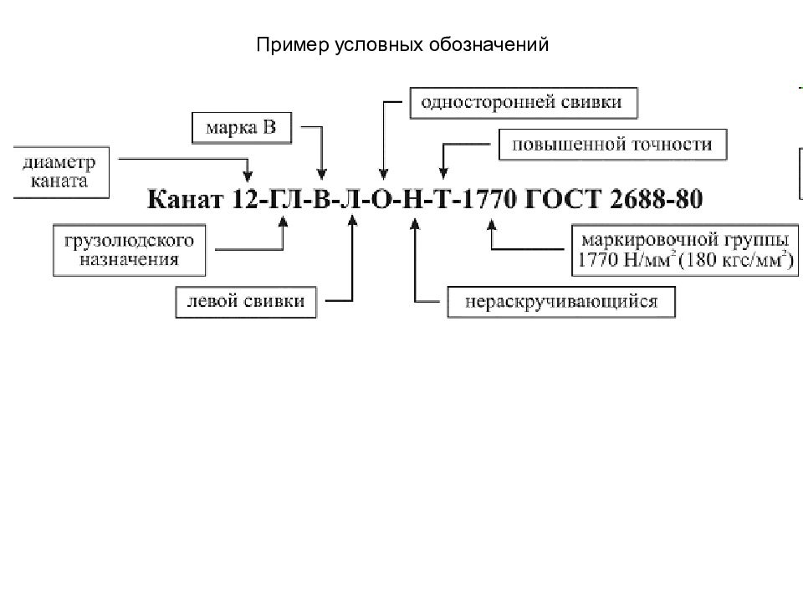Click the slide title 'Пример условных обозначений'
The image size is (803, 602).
402,45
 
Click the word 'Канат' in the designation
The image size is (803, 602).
186,200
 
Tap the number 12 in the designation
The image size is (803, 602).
246,200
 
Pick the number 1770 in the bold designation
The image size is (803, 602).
489,200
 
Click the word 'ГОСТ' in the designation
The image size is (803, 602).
563,200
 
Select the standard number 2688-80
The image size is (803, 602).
657,200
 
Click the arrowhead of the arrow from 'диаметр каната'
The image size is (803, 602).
248,176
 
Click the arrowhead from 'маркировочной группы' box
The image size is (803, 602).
492,225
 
